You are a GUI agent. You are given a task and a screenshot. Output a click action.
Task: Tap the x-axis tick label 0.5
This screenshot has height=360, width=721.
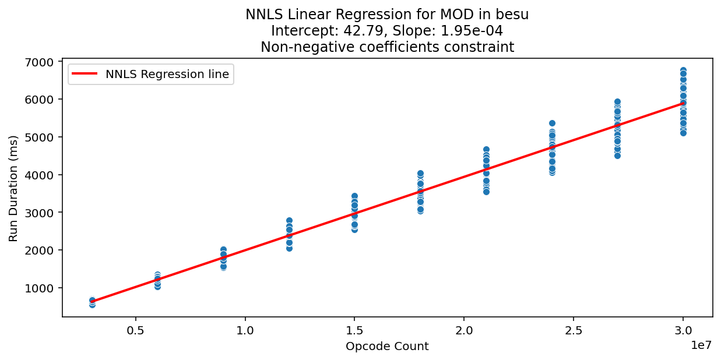pyautogui.click(x=136, y=330)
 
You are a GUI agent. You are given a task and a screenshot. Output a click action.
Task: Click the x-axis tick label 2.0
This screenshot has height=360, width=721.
pyautogui.click(x=464, y=330)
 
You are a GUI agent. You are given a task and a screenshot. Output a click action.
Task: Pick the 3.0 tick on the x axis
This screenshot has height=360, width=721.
pyautogui.click(x=683, y=330)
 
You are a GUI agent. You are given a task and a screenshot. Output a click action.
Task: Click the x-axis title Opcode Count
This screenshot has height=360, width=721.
pyautogui.click(x=387, y=347)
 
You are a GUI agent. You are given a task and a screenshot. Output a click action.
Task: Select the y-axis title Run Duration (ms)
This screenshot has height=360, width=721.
pyautogui.click(x=14, y=188)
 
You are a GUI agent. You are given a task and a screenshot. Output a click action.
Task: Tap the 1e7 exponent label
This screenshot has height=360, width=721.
pyautogui.click(x=701, y=346)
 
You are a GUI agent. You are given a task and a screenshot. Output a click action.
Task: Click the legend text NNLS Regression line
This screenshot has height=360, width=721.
pyautogui.click(x=167, y=74)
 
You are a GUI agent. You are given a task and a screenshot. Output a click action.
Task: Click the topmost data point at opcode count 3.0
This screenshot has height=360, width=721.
pyautogui.click(x=683, y=70)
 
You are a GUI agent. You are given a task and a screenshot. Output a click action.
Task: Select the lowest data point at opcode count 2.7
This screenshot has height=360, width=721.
pyautogui.click(x=617, y=156)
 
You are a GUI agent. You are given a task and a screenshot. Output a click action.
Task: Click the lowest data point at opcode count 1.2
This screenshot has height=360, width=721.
pyautogui.click(x=289, y=248)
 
